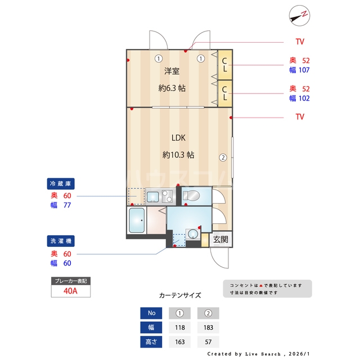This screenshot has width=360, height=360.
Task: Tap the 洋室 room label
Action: pyautogui.click(x=172, y=71)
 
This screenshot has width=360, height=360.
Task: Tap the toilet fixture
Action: pyautogui.click(x=190, y=196)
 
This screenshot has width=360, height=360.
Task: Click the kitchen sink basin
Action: pyautogui.click(x=152, y=196)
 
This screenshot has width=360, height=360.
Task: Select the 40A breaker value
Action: pyautogui.click(x=71, y=291)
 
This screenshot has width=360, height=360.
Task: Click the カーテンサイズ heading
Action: pyautogui.click(x=180, y=295)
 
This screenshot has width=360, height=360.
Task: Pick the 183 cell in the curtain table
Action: pyautogui.click(x=208, y=327)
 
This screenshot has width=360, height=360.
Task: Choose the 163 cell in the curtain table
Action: pyautogui.click(x=180, y=341)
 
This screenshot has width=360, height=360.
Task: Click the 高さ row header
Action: pyautogui.click(x=151, y=341)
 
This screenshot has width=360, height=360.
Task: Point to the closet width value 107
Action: pyautogui.click(x=305, y=70)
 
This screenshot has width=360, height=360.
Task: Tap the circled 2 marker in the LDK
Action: pyautogui.click(x=223, y=157)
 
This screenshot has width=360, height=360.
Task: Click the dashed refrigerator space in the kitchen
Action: pyautogui.click(x=136, y=196)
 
